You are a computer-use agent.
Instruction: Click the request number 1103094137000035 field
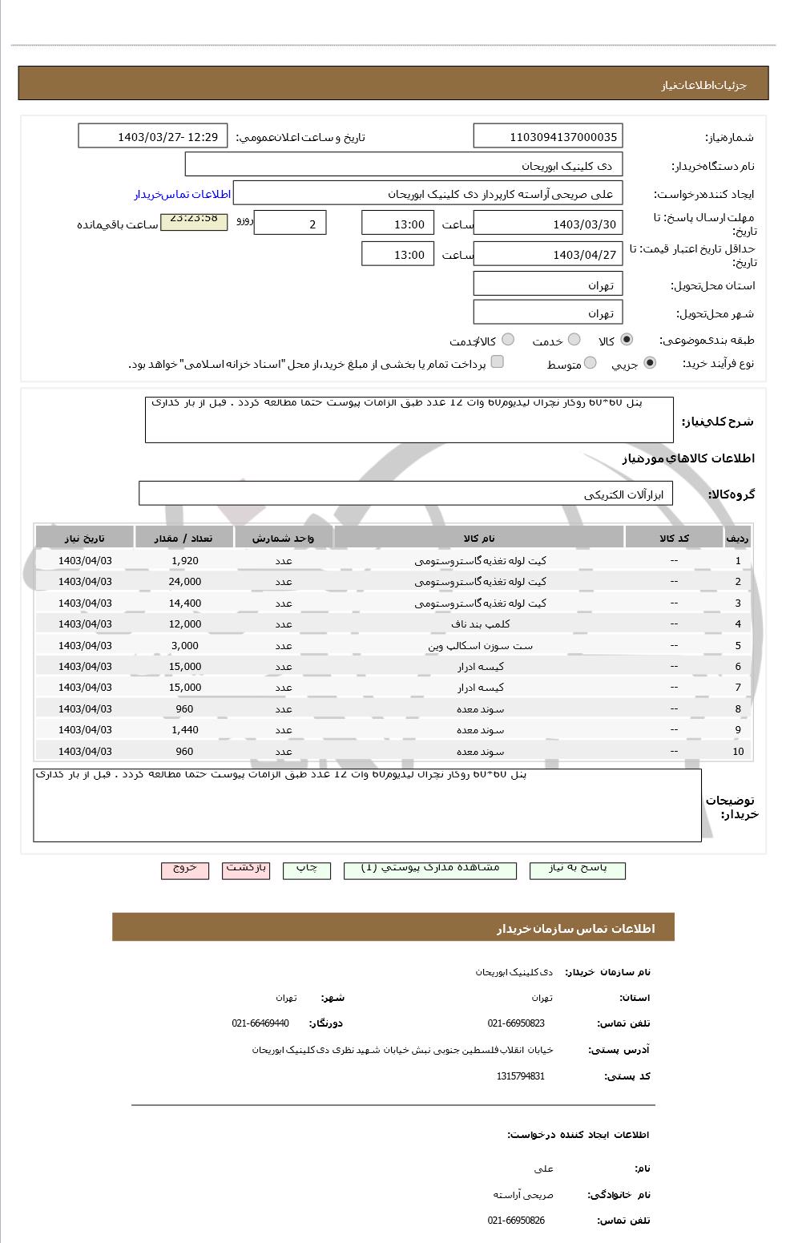547,136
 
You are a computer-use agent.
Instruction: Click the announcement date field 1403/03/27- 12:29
153,136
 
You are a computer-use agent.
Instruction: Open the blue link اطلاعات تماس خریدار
182,195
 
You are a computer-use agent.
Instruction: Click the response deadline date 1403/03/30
547,224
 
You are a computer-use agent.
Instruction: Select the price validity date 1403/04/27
547,254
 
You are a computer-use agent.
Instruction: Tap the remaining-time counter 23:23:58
193,219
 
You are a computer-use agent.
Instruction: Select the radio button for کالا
626,340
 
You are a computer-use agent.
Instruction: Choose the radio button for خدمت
574,340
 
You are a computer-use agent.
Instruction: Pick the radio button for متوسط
590,363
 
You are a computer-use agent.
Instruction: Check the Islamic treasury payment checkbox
497,362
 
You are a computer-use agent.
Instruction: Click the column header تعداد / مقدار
184,538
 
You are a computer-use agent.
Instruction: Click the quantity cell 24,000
184,582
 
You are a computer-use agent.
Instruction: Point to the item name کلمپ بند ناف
480,624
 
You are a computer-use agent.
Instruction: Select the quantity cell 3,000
184,645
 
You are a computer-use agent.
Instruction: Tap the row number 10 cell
737,751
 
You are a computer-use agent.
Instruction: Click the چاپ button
307,869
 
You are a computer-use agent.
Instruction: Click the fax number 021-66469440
260,1023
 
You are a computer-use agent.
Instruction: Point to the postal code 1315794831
520,1076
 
